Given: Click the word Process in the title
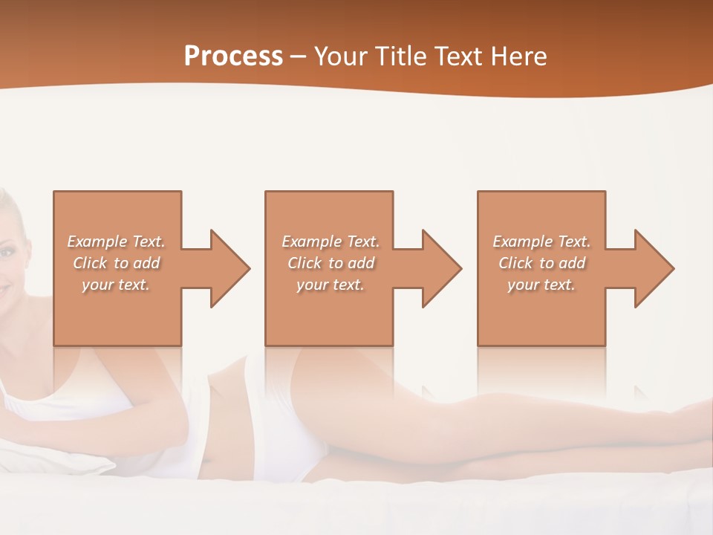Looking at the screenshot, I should point(233,56).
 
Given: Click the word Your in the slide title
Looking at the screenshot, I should point(341,56).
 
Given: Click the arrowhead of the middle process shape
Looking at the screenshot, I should point(441,268).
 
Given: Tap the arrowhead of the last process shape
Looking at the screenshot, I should point(654,268).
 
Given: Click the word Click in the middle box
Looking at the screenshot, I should point(305,263).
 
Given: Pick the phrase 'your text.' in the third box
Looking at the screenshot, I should point(541,285).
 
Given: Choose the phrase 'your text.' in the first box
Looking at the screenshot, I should point(116,285).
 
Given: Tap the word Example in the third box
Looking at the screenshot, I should point(522,241).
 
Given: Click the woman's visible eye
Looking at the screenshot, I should point(6,253).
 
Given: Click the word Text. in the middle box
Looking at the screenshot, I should point(359,241).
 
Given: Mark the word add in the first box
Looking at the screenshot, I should point(147,263).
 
